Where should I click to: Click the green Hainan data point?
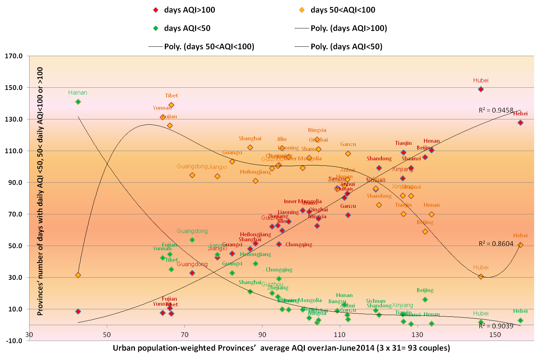[78, 102]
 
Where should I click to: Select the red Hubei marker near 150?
[481, 89]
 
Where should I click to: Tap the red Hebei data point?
[520, 123]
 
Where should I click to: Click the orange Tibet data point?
[171, 105]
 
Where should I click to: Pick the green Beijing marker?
[425, 300]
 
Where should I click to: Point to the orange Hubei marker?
[481, 277]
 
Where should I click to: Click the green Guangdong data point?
[192, 240]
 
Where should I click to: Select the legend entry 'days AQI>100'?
[189, 10]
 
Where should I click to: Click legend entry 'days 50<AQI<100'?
[343, 10]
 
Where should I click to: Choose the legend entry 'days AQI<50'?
[187, 28]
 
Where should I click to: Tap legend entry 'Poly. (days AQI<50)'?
[346, 47]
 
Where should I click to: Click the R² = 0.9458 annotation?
[496, 110]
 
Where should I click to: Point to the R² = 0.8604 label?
[496, 244]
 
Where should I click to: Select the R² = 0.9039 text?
[496, 326]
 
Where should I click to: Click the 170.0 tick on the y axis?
[14, 56]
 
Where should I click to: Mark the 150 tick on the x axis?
[495, 335]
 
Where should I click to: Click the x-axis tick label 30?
[29, 335]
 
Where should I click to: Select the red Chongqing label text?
[299, 245]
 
